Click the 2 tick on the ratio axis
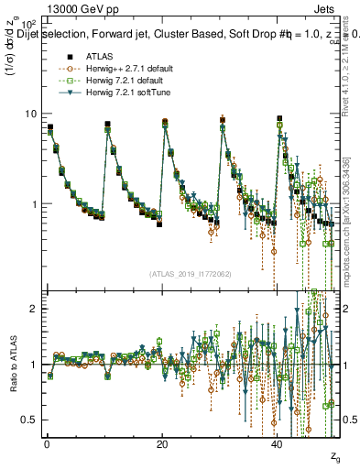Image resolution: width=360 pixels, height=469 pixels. (x=33, y=309)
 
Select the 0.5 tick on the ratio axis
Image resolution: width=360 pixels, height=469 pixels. (x=29, y=420)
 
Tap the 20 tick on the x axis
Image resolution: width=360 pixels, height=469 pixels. (x=162, y=443)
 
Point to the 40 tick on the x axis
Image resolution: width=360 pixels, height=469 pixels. (x=278, y=443)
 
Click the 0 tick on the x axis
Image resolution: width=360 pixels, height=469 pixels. (x=46, y=443)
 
